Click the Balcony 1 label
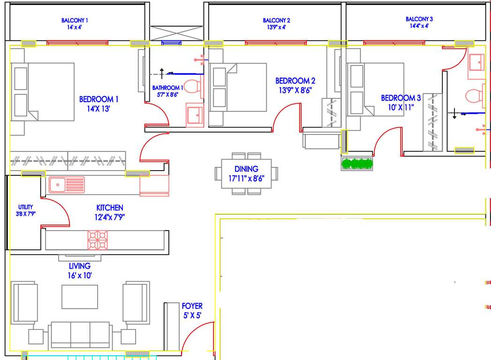pos(75,21)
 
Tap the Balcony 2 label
pos(276,21)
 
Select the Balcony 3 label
pos(419,19)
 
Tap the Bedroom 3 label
pos(400,98)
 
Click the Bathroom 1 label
pos(167,88)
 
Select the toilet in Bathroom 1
pos(192,87)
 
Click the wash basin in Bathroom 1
pos(195,114)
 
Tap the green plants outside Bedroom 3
pos(357,164)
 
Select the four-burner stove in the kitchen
pos(98,239)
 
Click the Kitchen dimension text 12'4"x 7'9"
pos(110,217)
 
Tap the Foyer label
pos(192,306)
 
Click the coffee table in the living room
pos(80,296)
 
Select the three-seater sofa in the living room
pos(80,335)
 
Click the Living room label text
pos(80,266)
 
